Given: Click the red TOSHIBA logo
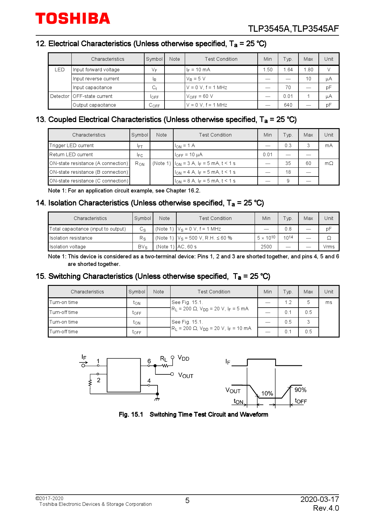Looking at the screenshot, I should (x=73, y=19).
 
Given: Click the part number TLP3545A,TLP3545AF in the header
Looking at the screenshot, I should (x=293, y=29).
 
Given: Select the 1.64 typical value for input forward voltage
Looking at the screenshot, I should (x=288, y=70).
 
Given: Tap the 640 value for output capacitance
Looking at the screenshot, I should (x=288, y=105).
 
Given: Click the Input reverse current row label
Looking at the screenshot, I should (x=96, y=79).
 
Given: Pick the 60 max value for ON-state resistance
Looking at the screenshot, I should (x=308, y=163).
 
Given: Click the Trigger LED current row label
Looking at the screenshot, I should (x=72, y=146).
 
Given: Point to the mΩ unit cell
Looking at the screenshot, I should (x=329, y=163).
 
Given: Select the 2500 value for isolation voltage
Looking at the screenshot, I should (x=266, y=247).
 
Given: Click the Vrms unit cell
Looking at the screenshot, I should (x=329, y=247).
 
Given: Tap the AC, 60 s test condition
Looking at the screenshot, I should (x=187, y=247).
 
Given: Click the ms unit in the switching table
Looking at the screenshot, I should (x=329, y=302).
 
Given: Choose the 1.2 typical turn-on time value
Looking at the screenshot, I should (x=288, y=302).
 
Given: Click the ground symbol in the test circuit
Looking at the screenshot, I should (x=157, y=399).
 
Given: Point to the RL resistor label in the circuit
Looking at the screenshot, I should (x=164, y=359).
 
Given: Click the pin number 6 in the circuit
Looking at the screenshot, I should (x=149, y=361).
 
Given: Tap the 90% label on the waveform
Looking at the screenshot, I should (x=300, y=390).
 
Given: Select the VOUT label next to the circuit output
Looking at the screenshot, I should (x=186, y=375).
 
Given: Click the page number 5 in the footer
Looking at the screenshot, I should (x=187, y=501).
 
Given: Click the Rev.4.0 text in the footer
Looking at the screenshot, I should (x=326, y=508).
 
